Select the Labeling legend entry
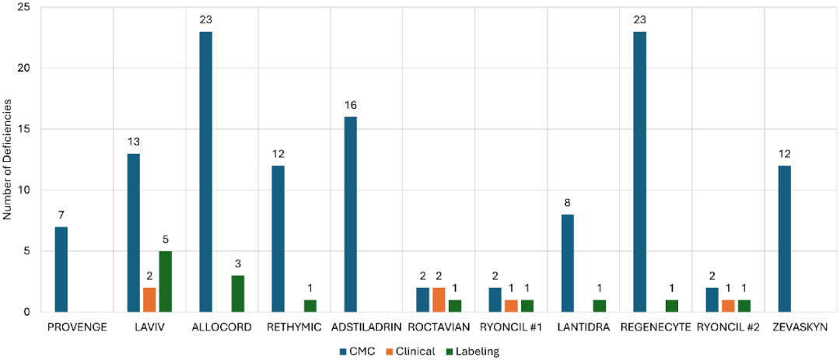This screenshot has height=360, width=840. tap(474, 351)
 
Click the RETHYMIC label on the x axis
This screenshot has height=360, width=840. tap(292, 327)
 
